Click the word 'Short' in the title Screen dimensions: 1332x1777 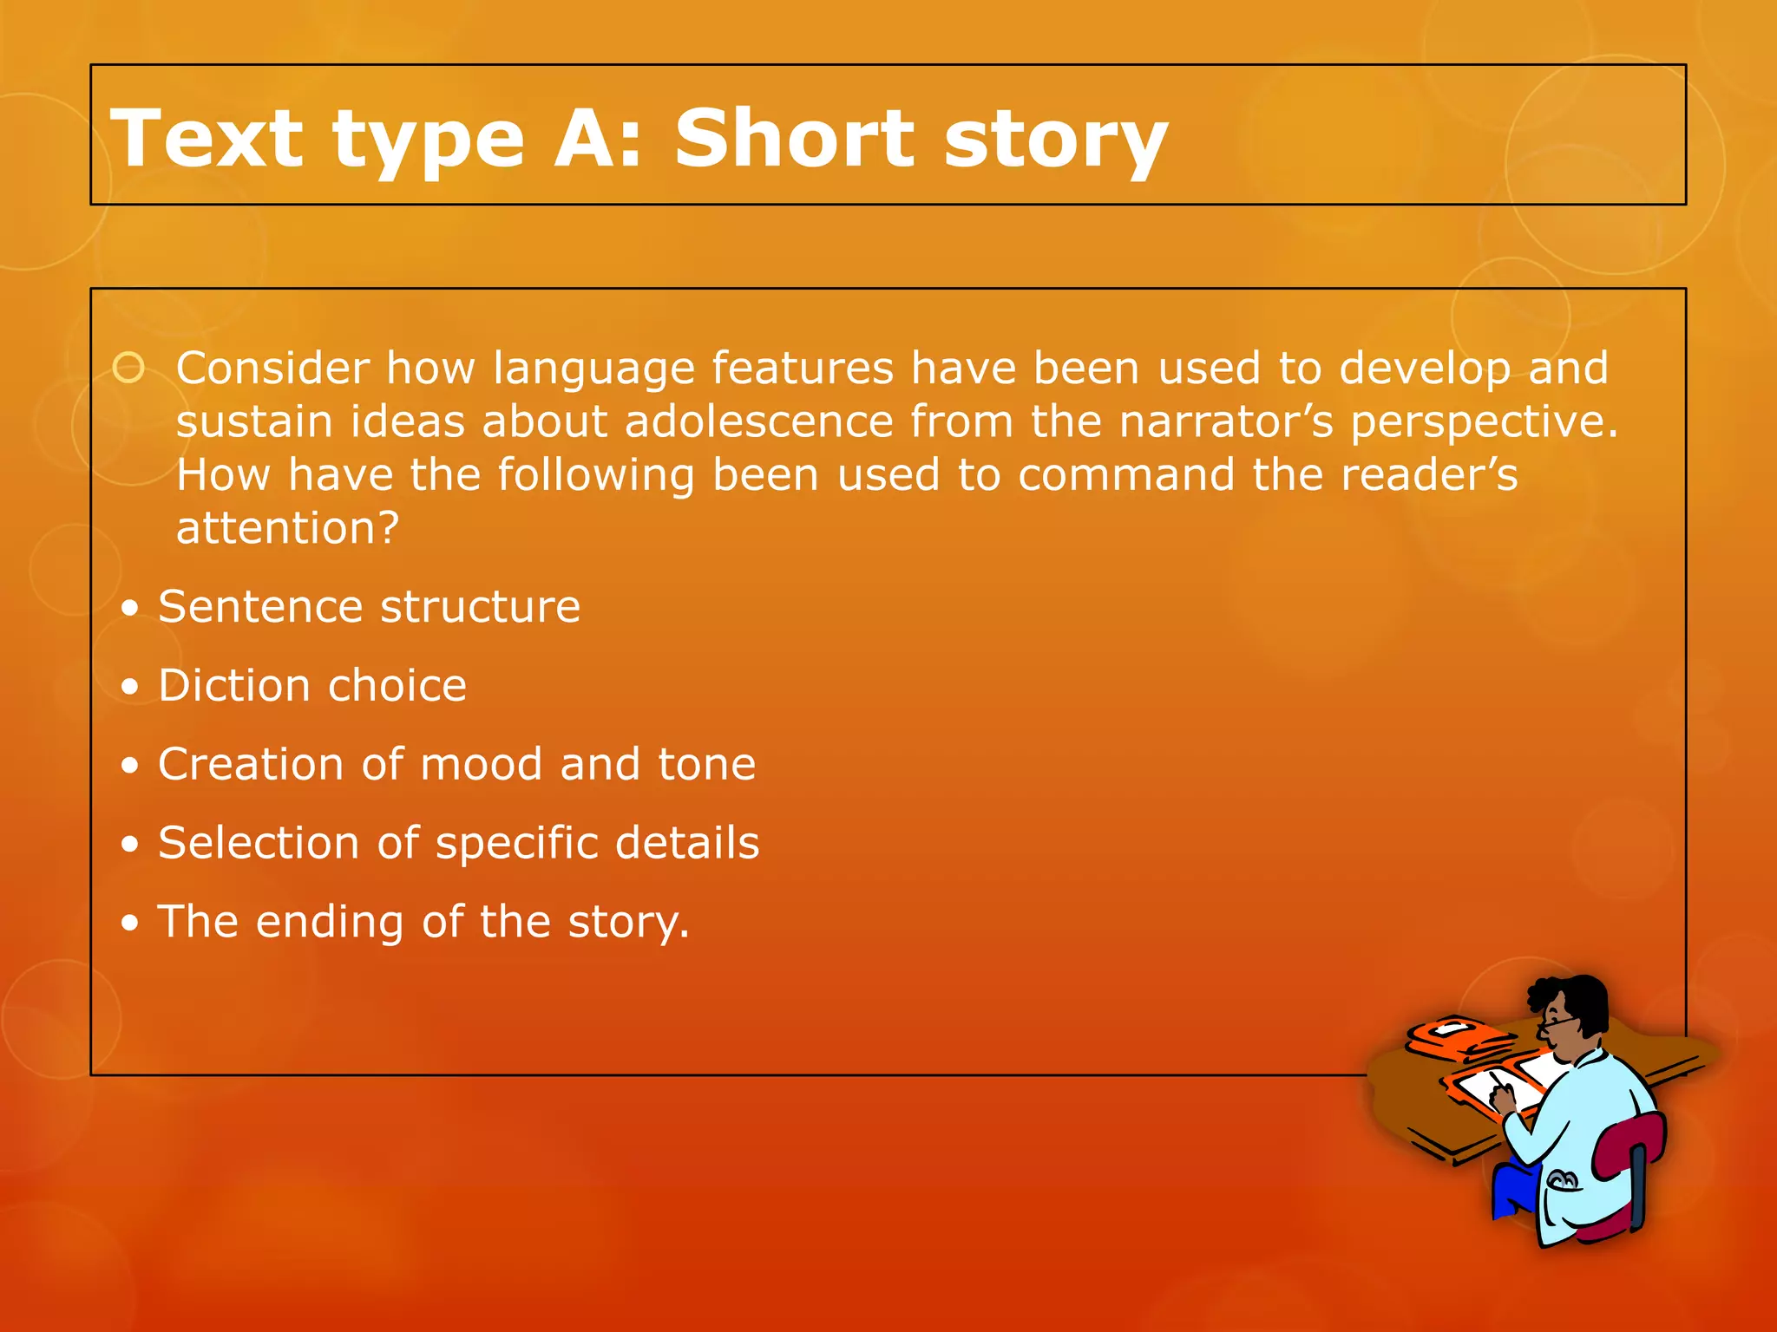(794, 139)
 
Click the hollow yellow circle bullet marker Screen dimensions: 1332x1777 (129, 369)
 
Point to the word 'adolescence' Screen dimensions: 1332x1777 (758, 422)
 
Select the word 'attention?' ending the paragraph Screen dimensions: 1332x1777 (287, 528)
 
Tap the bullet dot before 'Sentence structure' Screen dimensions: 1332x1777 (130, 609)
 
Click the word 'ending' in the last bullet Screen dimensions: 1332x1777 (329, 924)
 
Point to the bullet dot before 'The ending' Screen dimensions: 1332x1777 (130, 924)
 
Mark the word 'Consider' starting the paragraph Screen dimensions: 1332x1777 (273, 369)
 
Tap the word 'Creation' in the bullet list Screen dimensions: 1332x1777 (251, 765)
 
